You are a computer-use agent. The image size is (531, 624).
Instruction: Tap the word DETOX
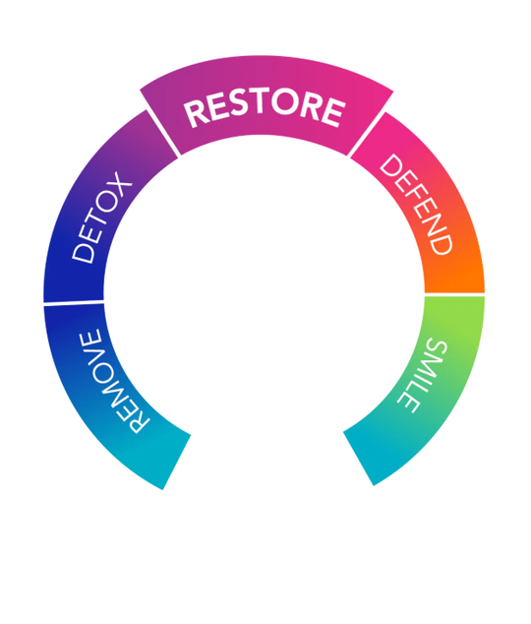tap(101, 218)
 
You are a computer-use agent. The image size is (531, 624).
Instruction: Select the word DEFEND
tap(416, 204)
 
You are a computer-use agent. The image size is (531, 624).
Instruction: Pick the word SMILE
tap(423, 377)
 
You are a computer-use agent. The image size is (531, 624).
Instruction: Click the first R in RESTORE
tap(196, 114)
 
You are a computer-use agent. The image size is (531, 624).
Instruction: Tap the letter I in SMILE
tap(422, 384)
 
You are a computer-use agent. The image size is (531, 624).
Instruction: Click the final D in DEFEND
tap(441, 243)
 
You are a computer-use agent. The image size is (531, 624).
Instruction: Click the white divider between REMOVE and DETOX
tap(74, 304)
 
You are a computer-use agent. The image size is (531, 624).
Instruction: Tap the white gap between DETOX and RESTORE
tap(163, 133)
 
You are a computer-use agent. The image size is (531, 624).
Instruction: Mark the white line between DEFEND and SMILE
tap(454, 294)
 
